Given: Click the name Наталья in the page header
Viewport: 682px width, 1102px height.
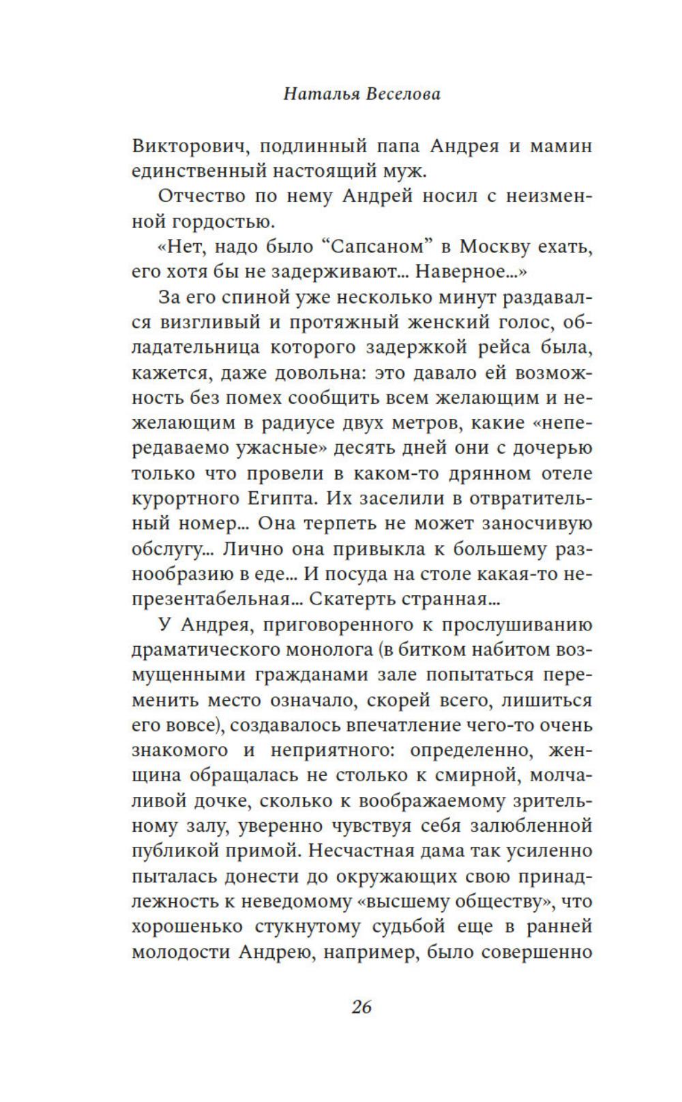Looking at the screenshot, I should point(321,94).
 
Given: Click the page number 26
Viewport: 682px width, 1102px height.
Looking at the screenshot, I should point(361,1006).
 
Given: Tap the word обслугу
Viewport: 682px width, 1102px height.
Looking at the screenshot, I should point(168,549).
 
